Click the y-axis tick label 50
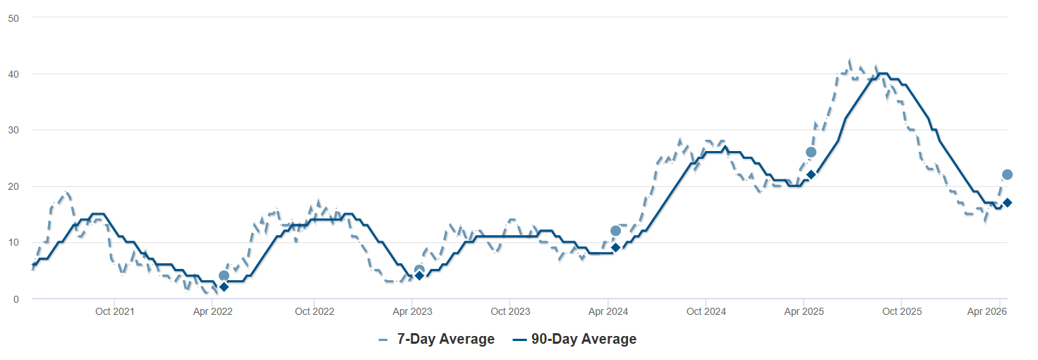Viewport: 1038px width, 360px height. click(x=13, y=18)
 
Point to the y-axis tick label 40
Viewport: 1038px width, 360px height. click(x=13, y=74)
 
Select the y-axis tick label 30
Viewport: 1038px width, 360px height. click(x=13, y=130)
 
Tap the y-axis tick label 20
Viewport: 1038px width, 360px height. click(x=13, y=186)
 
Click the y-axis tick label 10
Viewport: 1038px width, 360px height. click(x=13, y=242)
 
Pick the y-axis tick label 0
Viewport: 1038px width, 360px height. click(x=16, y=299)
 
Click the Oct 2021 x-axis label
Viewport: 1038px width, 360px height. click(x=115, y=311)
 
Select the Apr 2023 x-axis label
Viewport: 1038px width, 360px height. click(x=412, y=311)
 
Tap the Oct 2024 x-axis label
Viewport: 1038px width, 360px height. click(x=706, y=311)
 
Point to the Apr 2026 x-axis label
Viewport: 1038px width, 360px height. click(x=986, y=311)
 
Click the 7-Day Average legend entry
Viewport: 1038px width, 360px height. click(x=436, y=340)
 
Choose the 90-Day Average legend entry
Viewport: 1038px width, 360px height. click(x=574, y=340)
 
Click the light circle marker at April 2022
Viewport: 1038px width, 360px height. click(x=224, y=276)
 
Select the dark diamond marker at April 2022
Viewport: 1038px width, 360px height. click(x=224, y=287)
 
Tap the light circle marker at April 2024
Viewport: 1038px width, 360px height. click(x=615, y=231)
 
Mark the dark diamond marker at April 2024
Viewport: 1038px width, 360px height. click(x=615, y=247)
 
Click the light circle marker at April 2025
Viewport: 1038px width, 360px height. click(x=811, y=152)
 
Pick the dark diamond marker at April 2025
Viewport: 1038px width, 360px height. click(x=811, y=174)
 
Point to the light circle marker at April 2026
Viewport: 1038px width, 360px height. click(x=1008, y=174)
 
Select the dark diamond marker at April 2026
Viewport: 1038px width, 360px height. click(x=1008, y=203)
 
